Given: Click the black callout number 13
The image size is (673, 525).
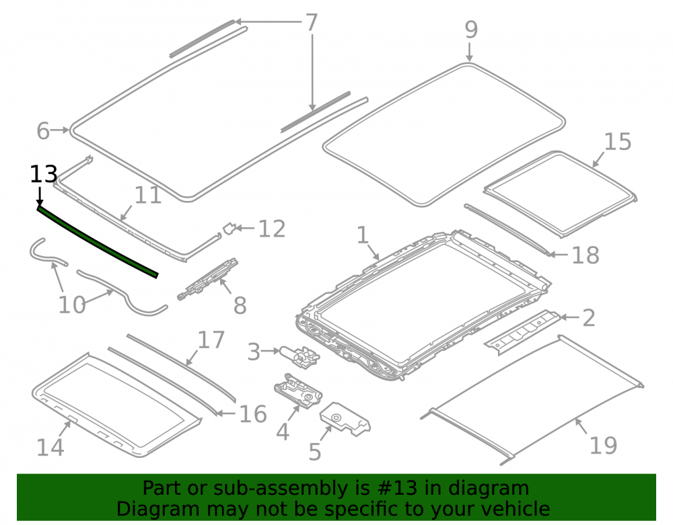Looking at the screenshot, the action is click(x=43, y=174).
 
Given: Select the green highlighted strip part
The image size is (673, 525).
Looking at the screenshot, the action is click(x=97, y=243).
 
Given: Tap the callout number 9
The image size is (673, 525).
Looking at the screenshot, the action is click(x=471, y=30).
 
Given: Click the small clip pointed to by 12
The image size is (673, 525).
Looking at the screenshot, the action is click(x=229, y=229).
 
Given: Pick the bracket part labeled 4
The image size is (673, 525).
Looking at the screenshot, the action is click(x=298, y=390).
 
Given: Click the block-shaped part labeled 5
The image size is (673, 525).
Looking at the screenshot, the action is click(x=345, y=419).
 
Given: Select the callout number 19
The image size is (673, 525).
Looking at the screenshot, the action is click(x=603, y=445).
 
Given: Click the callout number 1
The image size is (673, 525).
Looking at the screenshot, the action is click(x=363, y=235).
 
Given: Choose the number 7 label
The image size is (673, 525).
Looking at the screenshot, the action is click(x=311, y=22).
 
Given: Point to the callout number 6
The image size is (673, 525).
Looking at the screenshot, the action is click(x=43, y=130).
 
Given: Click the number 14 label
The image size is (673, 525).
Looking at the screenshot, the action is click(x=50, y=448).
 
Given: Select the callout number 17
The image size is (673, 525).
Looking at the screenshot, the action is click(x=211, y=340).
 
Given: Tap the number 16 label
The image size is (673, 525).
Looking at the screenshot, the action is click(x=253, y=414).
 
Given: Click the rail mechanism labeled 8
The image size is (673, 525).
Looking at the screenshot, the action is click(x=207, y=278).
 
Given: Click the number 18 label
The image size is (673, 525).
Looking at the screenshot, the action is click(x=586, y=255).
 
